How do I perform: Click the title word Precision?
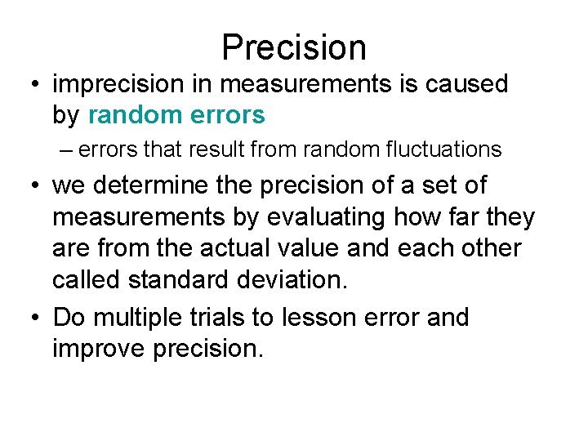coord(294,47)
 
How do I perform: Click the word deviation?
coord(296,280)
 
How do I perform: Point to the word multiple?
coord(137,317)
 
